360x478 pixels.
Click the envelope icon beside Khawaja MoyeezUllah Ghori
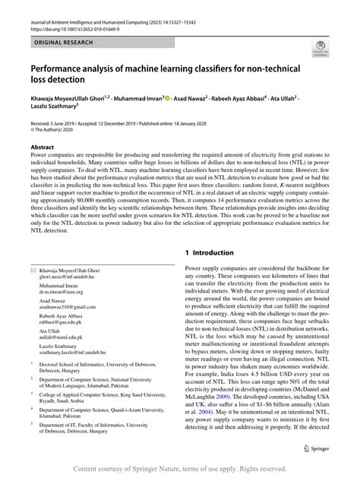[33, 270]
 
